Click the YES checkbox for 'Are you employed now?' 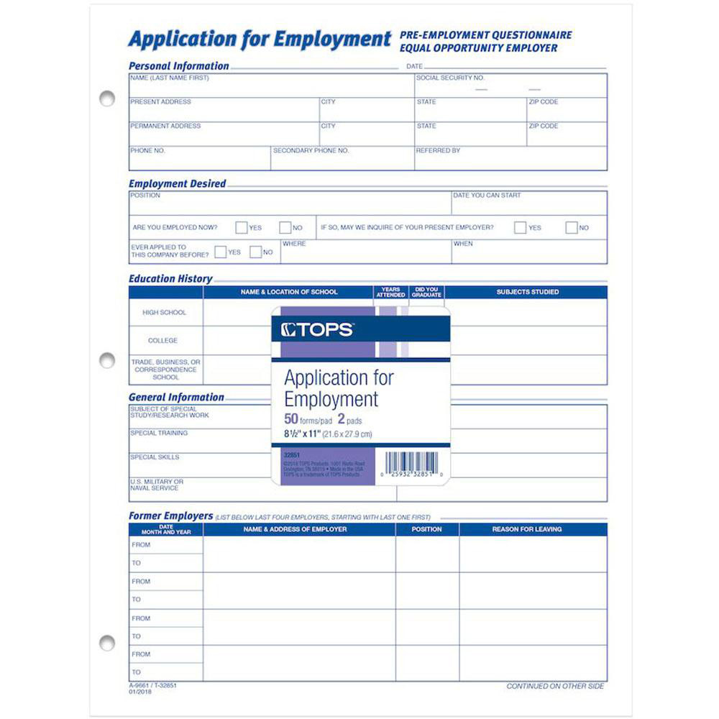pos(242,228)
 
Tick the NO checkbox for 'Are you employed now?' pos(285,228)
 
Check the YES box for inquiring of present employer pos(520,228)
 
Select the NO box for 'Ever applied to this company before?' pos(255,252)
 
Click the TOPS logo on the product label pos(317,330)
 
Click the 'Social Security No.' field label pos(450,78)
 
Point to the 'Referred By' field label pos(438,151)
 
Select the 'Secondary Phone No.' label pos(311,151)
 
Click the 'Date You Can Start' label pos(487,196)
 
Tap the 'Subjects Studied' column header pos(527,292)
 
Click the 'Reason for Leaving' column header pos(526,529)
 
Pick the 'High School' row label pos(164,313)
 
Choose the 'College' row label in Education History pos(162,341)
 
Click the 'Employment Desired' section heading pos(177,184)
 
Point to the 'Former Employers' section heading pos(170,516)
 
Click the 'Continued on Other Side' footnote pos(555,687)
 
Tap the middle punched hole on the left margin pos(107,359)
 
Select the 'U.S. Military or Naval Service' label pos(157,485)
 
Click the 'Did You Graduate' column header pos(426,292)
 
